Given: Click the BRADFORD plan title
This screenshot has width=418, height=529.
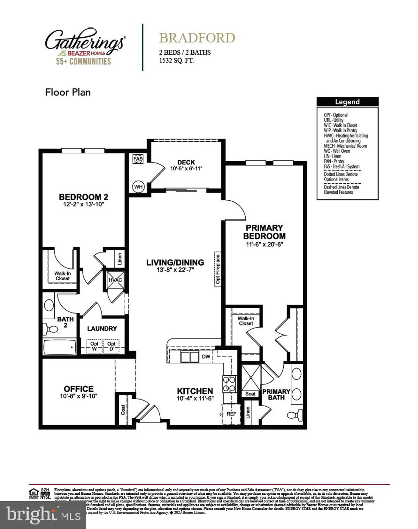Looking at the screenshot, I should tap(197, 38).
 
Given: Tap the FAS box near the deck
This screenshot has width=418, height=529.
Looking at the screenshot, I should tap(138, 159).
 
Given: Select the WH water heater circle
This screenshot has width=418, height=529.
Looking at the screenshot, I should tap(138, 187).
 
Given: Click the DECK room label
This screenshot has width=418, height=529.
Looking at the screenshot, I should tap(186, 162).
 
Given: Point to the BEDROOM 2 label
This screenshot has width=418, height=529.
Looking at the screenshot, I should tap(84, 197).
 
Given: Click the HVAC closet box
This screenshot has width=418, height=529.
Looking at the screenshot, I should tap(115, 280).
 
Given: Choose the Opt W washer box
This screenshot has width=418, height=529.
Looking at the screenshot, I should tap(94, 346).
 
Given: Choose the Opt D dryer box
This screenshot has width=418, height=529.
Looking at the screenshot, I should tap(111, 346).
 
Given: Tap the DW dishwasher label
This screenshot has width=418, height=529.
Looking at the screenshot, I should tap(206, 357).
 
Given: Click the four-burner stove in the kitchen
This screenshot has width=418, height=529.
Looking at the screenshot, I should tap(229, 384).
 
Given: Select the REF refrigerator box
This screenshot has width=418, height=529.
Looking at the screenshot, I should tap(231, 414).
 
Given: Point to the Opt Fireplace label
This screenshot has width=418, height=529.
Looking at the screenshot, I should tap(218, 269).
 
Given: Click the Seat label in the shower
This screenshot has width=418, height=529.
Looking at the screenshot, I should tap(250, 394).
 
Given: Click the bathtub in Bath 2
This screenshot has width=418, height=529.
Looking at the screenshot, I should tap(59, 348).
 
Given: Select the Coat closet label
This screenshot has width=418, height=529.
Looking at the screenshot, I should tap(123, 409).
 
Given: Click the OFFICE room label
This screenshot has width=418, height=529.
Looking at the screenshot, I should tap(79, 389).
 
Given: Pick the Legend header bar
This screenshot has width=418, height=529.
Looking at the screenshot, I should tap(347, 102).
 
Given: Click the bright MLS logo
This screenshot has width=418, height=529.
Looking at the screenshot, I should tap(43, 515).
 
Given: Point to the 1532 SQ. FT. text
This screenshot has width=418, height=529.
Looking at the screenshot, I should tap(176, 60).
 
